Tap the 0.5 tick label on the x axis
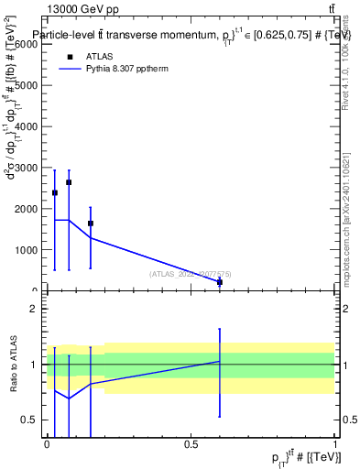click(191, 444)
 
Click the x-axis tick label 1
click(335, 444)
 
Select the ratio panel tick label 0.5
click(30, 420)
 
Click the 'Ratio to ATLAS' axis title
click(13, 364)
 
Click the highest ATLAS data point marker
click(69, 182)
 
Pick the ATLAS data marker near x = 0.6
click(220, 282)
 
